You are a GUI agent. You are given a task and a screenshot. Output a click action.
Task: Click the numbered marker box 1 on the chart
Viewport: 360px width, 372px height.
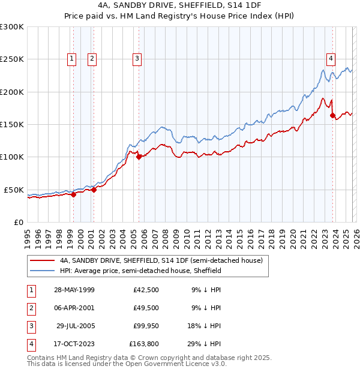pyautogui.click(x=72, y=58)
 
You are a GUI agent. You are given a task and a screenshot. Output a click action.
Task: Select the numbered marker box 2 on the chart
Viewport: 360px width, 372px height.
pyautogui.click(x=92, y=58)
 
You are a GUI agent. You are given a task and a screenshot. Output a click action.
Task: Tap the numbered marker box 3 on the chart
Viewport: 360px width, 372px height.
pyautogui.click(x=137, y=58)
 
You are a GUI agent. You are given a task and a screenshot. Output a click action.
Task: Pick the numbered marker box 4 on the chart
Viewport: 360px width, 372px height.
pyautogui.click(x=331, y=58)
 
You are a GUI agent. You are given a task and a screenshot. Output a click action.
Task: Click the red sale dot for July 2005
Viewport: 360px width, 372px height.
pyautogui.click(x=139, y=157)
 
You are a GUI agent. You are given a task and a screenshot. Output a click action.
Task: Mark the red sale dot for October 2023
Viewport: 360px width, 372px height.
pyautogui.click(x=332, y=116)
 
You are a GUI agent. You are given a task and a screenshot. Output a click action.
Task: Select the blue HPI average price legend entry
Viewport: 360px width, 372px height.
pyautogui.click(x=140, y=271)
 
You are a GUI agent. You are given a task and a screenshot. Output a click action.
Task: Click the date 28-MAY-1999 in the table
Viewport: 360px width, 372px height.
pyautogui.click(x=74, y=290)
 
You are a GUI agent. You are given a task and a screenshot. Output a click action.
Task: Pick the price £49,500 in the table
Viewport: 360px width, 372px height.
pyautogui.click(x=143, y=308)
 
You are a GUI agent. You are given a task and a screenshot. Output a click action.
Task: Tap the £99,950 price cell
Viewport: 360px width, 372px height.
pyautogui.click(x=143, y=326)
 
